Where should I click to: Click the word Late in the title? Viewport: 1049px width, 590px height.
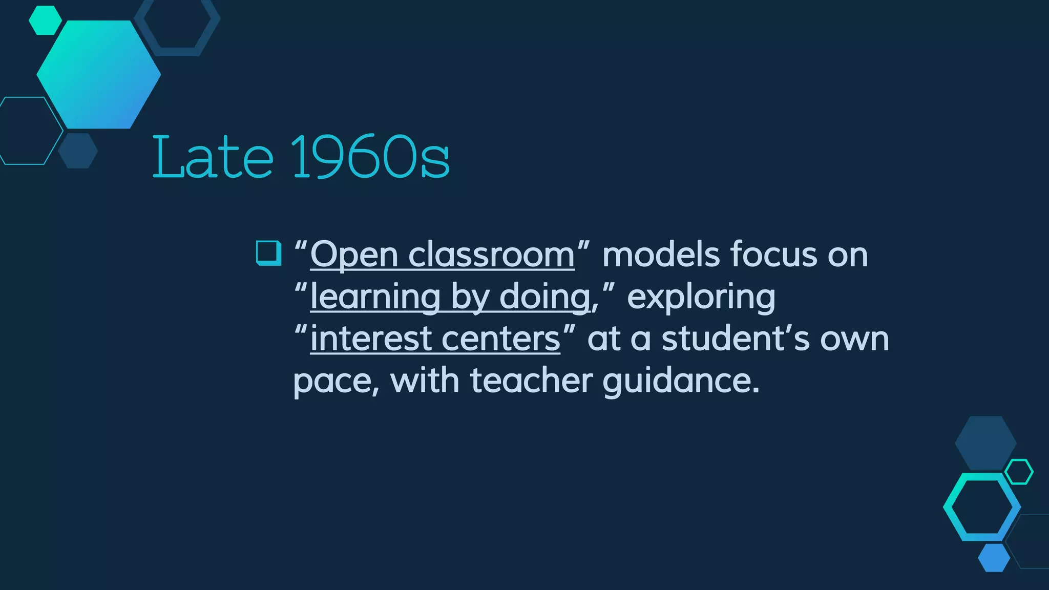[x=213, y=157]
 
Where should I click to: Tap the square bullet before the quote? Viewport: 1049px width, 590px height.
[x=268, y=253]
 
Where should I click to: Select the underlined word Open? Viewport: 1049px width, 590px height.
[x=354, y=255]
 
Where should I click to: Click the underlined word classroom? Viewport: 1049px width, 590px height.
[x=491, y=255]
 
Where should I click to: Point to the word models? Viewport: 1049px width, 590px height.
[x=661, y=255]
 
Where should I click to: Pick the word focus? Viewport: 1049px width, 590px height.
[x=773, y=255]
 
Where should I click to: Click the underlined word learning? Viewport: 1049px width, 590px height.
[x=375, y=297]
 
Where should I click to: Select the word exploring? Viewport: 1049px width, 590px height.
[x=701, y=297]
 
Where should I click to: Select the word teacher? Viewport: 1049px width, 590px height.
[x=531, y=381]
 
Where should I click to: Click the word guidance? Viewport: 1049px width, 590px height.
[x=680, y=381]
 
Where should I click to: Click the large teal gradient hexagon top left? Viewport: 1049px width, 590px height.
[x=99, y=75]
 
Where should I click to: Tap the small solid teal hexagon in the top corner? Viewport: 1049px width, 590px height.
[x=45, y=20]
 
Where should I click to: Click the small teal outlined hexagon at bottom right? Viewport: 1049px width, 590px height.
[x=1019, y=472]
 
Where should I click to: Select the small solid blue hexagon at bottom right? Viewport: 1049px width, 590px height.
[x=994, y=558]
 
